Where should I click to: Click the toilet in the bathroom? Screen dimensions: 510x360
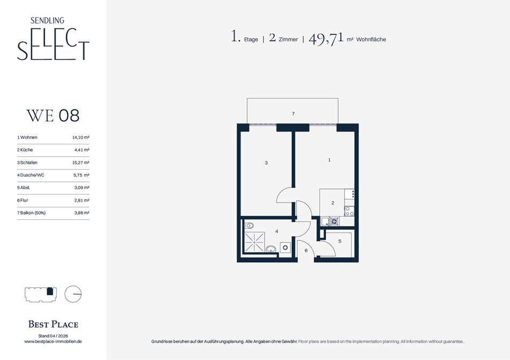pos(249,225)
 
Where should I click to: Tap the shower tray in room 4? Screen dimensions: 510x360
pos(254,242)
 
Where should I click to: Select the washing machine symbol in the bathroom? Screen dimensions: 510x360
pos(285,247)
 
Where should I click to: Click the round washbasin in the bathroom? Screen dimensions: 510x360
pos(271,249)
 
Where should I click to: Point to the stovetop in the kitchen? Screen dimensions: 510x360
pos(349,211)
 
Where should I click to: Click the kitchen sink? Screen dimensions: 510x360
pos(330,222)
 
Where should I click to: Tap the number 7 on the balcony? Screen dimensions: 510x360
pos(293,114)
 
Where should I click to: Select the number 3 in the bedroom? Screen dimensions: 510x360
pos(266,163)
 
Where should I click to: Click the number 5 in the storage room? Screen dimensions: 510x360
pos(340,241)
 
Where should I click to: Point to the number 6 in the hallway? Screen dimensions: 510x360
pos(306,251)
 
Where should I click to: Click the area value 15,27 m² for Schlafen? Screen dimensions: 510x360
pos(81,163)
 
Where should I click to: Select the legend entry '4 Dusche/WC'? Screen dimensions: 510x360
pos(31,175)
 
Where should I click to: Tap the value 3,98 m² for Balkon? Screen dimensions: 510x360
pos(82,213)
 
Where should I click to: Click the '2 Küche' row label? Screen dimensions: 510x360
pos(25,150)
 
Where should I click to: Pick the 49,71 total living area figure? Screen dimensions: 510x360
pos(326,39)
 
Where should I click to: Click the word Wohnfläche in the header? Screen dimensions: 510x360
pos(371,39)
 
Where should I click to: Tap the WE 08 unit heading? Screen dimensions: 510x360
pos(53,116)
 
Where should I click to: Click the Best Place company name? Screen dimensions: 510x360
pos(53,324)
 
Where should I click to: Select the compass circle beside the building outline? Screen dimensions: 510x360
pos(73,294)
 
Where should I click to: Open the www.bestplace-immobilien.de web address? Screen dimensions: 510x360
pos(53,341)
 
